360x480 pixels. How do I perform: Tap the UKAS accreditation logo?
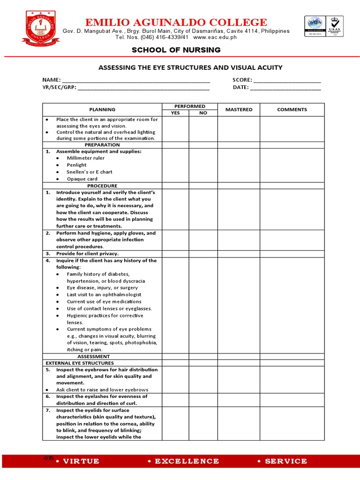(334, 28)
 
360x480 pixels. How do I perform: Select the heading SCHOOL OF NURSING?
(176, 50)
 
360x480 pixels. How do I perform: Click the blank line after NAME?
(136, 81)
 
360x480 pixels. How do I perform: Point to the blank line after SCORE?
(287, 81)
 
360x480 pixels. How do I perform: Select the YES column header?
(175, 113)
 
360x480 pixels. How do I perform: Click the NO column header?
(203, 113)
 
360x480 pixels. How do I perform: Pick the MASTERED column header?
(239, 110)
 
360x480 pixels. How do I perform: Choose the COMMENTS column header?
(292, 110)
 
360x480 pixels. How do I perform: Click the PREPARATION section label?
(102, 145)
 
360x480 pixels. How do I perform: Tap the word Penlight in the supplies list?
(77, 165)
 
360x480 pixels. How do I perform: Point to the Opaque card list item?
(82, 179)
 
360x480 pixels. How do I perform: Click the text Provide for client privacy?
(87, 254)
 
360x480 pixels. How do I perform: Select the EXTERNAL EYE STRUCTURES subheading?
(80, 363)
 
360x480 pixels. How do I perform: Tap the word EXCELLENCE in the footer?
(187, 461)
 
